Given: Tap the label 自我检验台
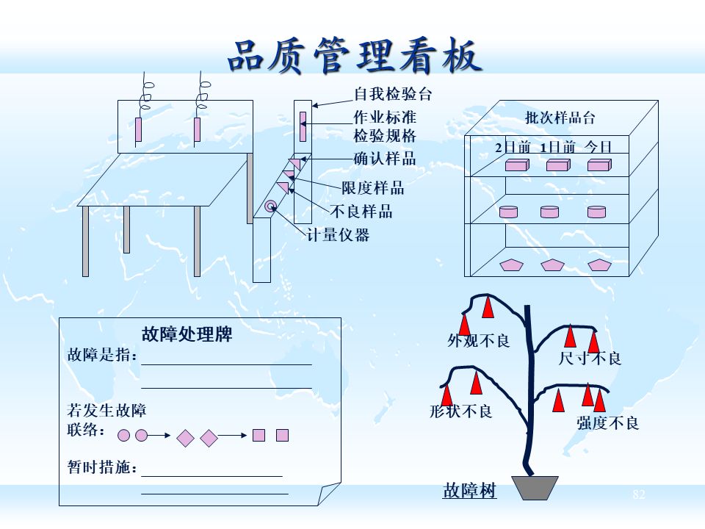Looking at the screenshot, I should coord(393,94).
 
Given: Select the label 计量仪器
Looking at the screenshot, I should coord(338,235).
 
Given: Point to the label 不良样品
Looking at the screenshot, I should coord(361,212).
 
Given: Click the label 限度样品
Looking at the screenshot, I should coord(372,188).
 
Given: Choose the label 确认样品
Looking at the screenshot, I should coord(385,158).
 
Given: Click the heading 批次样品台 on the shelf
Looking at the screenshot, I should coord(560,118).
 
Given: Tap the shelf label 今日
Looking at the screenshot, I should coord(599,147).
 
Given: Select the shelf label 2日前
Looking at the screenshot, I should coord(513,147).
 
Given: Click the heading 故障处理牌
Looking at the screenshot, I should coord(187,334).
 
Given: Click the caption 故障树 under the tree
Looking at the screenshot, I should coord(470,490).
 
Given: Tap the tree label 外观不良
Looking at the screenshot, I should coord(479,341).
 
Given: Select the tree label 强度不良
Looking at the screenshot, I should coord(608,423).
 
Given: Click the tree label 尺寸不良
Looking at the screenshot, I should coord(590,359).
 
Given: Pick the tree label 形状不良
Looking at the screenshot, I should coord(461,411).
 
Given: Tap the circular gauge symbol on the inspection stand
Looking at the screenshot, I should coord(270,206).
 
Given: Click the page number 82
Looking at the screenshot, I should coord(638,494).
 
